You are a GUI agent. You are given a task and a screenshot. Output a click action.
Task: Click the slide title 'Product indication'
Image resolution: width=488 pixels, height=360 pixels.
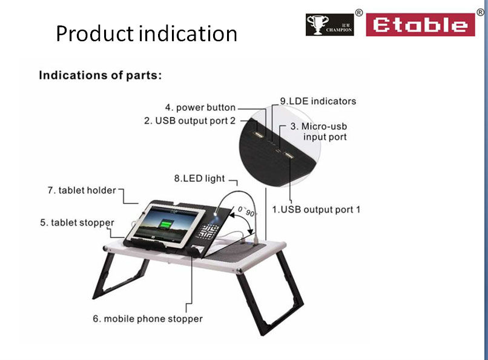click(147, 33)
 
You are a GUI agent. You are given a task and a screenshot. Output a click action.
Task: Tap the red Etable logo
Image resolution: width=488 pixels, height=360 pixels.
click(420, 25)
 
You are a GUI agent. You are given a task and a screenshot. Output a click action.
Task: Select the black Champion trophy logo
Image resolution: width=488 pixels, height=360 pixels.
click(329, 25)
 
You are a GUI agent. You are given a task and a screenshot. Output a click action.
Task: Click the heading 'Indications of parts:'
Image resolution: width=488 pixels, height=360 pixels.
click(101, 75)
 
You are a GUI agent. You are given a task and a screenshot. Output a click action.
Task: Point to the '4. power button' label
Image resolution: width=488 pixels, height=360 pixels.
click(200, 107)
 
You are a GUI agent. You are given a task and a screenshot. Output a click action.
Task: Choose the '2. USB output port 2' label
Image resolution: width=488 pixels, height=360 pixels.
click(190, 121)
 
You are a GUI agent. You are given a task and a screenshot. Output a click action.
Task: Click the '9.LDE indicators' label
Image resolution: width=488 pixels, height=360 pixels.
click(318, 101)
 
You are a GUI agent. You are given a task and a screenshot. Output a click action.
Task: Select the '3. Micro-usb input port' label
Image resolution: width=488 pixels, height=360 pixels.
click(318, 132)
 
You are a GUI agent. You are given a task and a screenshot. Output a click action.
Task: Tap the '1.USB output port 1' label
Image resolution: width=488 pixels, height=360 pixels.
click(316, 210)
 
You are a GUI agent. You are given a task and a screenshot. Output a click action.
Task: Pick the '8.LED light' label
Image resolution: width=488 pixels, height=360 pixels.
click(199, 178)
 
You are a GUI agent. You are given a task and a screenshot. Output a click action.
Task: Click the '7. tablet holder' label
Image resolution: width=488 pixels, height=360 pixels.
click(82, 190)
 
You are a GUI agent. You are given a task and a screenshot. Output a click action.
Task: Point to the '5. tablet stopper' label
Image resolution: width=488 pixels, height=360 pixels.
click(77, 222)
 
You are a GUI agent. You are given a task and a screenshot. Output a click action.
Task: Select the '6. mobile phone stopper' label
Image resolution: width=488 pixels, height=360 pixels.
click(148, 319)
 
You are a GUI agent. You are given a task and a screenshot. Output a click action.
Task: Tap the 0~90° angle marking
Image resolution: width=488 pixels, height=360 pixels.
click(247, 211)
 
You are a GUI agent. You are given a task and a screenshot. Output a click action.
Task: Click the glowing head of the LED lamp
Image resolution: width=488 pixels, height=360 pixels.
click(216, 213)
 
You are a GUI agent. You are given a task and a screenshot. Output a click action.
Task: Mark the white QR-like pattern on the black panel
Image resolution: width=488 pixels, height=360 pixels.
click(208, 232)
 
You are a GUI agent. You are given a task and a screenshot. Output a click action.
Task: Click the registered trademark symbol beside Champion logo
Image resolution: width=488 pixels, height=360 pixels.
click(359, 13)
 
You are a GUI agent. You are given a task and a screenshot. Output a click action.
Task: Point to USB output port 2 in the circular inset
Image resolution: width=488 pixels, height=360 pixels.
click(258, 135)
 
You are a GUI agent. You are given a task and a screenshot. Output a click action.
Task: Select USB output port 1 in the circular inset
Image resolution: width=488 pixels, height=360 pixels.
click(289, 155)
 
